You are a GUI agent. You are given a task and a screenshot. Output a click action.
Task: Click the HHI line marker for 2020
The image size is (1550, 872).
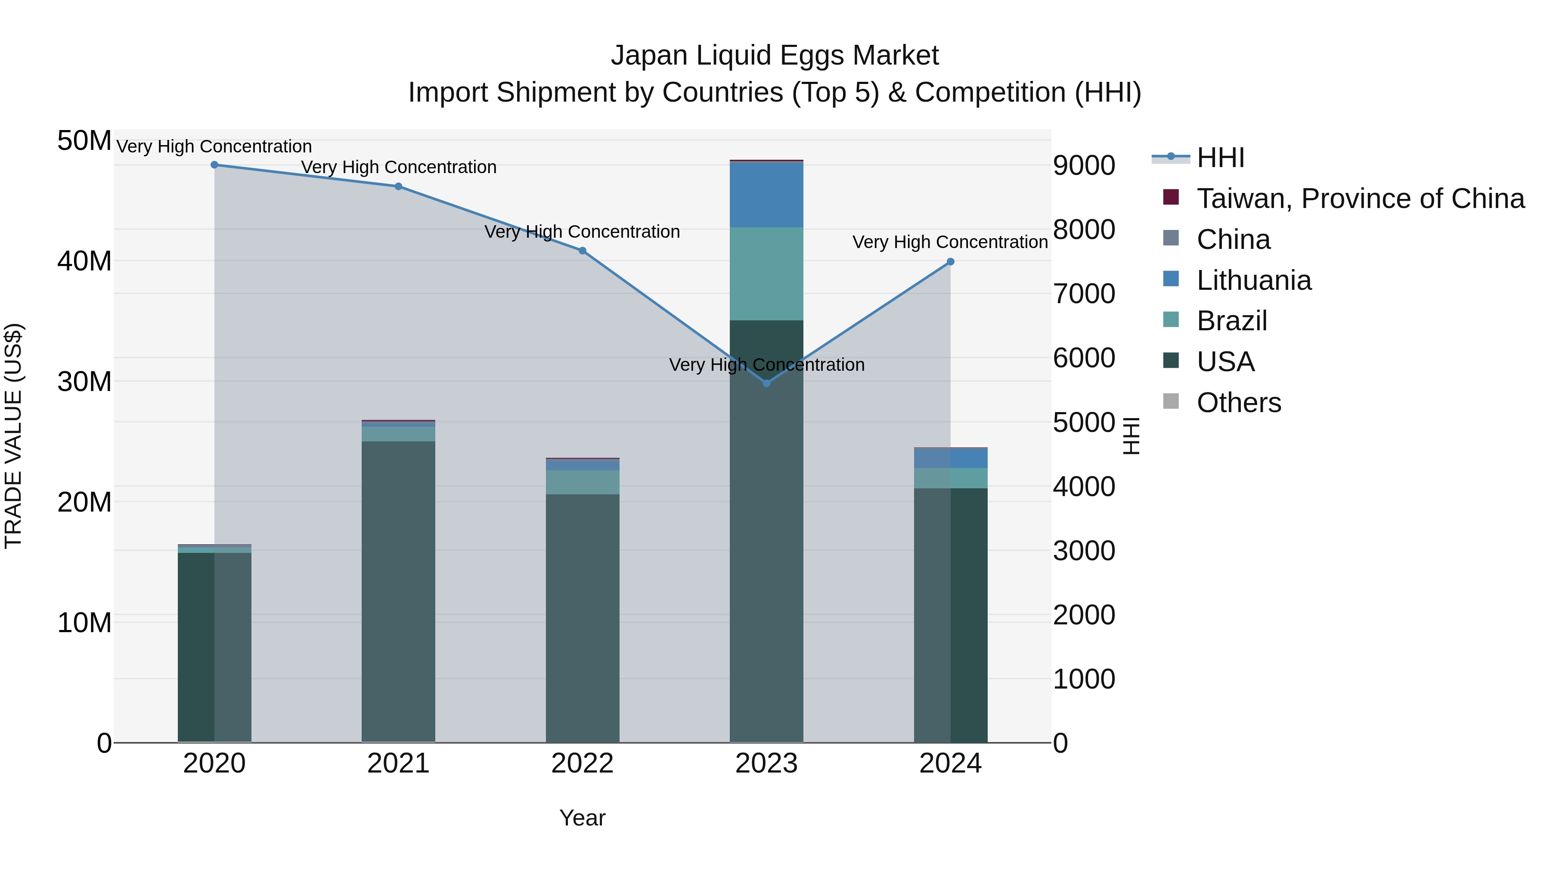[x=214, y=165]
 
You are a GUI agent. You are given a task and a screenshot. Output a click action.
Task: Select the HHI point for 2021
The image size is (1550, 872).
[x=398, y=186]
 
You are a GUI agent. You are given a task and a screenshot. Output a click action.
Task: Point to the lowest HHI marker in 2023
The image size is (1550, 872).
[x=766, y=383]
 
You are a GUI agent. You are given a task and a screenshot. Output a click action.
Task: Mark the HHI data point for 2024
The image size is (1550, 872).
[x=951, y=262]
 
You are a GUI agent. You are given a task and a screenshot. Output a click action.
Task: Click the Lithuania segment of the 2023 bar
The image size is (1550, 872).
[x=766, y=195]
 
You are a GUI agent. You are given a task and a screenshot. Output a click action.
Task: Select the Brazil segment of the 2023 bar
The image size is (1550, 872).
[x=766, y=274]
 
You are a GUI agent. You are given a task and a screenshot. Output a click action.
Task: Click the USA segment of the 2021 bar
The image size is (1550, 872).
[x=398, y=592]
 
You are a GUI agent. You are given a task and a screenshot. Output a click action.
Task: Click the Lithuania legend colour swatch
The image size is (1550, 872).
[x=1171, y=279]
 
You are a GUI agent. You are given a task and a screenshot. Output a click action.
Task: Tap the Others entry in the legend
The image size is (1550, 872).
[x=1222, y=403]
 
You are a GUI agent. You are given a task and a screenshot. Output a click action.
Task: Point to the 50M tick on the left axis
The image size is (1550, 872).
[x=84, y=141]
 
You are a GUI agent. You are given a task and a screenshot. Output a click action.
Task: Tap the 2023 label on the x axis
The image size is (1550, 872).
[x=766, y=763]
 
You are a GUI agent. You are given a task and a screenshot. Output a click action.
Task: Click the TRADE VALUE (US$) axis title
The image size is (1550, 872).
[x=13, y=436]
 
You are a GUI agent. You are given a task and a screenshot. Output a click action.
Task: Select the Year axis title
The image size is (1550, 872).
[x=583, y=818]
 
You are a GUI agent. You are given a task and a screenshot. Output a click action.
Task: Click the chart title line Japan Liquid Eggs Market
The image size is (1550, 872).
[x=775, y=56]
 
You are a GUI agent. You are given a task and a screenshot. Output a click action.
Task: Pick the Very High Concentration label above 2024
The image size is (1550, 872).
[x=951, y=242]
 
